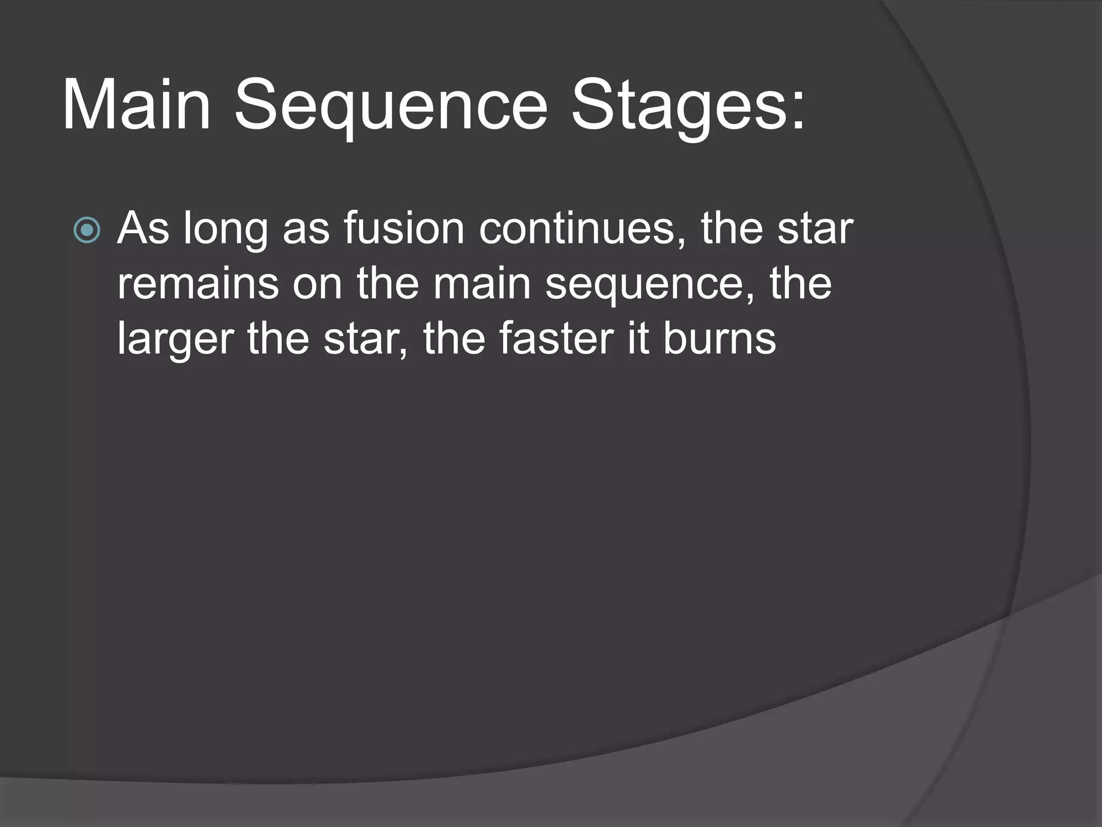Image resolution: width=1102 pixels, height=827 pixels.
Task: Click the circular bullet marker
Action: coord(87,230)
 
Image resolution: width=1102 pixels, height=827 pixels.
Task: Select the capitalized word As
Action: coord(143,228)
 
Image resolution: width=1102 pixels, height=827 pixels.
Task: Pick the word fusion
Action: coord(404,228)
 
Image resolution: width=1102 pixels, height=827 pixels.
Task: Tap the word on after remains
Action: coord(317,285)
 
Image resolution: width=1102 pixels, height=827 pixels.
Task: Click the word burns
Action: coord(719,339)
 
